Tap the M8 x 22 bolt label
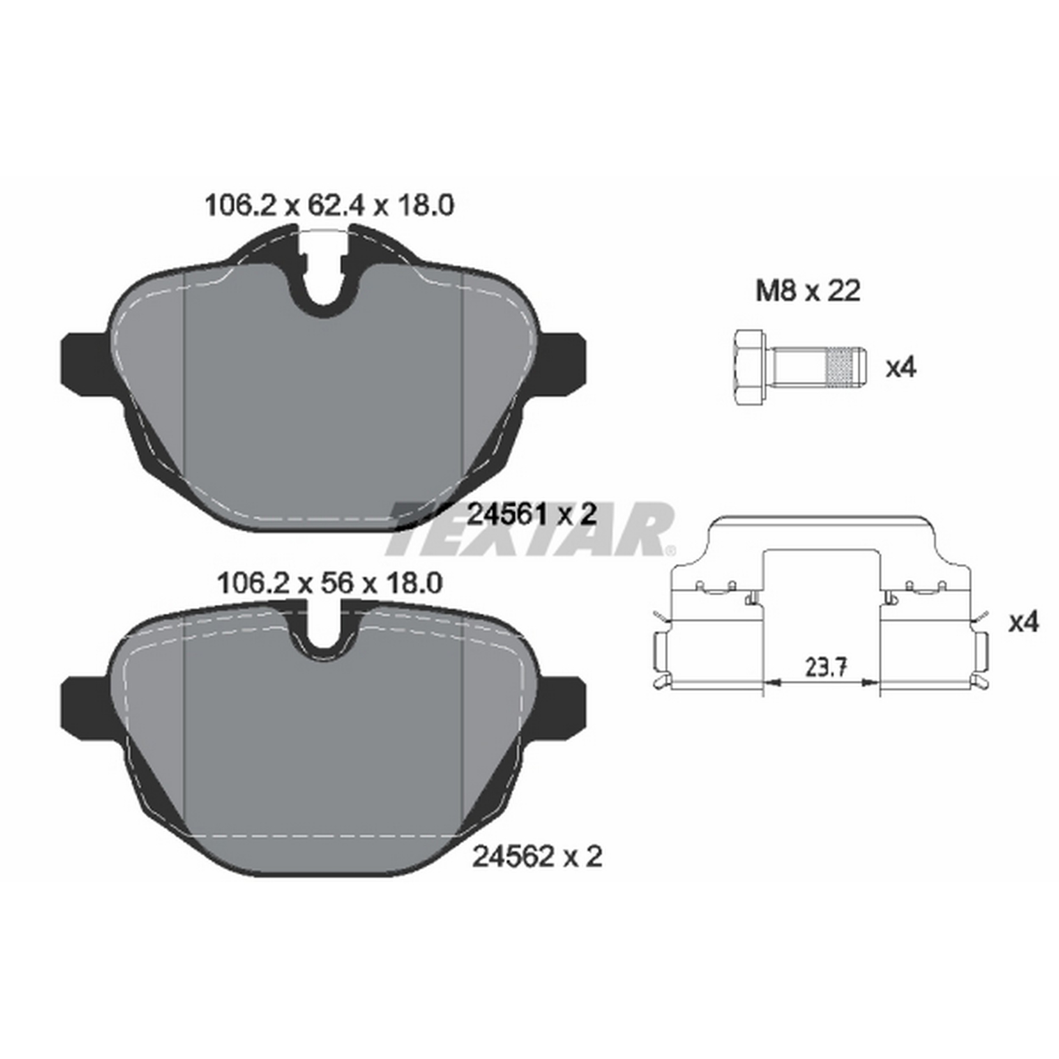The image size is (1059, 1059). [x=807, y=291]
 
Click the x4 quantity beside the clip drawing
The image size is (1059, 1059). [x=1023, y=622]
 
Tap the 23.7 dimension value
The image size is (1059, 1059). [x=826, y=668]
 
